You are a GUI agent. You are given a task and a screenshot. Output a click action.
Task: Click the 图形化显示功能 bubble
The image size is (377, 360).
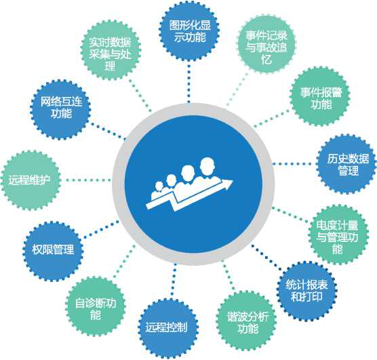(x=189, y=31)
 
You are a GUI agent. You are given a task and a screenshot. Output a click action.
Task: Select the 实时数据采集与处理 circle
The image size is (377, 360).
(x=111, y=50)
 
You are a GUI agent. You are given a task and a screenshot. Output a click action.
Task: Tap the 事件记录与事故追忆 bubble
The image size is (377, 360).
(x=266, y=45)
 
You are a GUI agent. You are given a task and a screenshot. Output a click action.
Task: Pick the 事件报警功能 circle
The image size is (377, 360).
(x=320, y=97)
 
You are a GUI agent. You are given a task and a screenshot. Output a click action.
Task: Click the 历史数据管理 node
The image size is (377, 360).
(x=347, y=164)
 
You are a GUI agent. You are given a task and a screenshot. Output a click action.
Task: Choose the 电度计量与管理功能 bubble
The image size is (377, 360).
(x=338, y=235)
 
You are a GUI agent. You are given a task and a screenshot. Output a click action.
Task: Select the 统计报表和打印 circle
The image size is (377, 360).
(x=307, y=292)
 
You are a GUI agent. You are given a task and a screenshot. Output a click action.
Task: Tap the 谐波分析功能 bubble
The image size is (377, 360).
(x=247, y=321)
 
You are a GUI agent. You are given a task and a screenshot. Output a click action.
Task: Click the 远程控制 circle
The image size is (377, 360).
(x=167, y=327)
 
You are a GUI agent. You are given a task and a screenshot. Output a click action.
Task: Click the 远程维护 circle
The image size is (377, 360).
(x=31, y=180)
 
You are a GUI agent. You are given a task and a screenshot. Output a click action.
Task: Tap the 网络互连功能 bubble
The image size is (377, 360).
(x=60, y=110)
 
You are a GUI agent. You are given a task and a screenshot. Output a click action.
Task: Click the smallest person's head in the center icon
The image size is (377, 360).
(x=159, y=186)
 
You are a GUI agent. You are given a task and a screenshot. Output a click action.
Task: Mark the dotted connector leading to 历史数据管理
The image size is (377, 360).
(x=294, y=164)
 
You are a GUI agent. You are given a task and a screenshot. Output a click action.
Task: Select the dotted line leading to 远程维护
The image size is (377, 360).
(x=87, y=180)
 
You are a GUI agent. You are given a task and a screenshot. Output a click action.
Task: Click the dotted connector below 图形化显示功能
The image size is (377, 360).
(x=188, y=82)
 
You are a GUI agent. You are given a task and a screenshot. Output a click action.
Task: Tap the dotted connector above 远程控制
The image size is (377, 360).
(x=173, y=281)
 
